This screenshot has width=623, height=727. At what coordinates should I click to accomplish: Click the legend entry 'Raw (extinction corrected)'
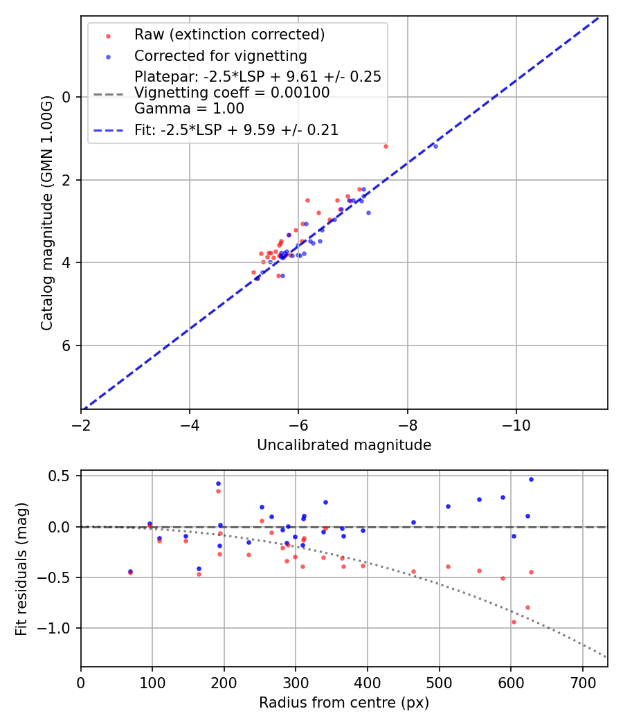click(x=229, y=35)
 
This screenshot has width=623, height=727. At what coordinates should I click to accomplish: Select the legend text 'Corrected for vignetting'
click(x=220, y=55)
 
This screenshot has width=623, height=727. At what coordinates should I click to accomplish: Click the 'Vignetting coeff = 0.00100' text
click(x=232, y=93)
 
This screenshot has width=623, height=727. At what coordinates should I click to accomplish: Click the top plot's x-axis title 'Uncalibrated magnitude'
click(x=344, y=445)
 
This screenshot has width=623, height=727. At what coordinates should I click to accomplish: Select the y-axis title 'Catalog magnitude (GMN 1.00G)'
click(x=47, y=213)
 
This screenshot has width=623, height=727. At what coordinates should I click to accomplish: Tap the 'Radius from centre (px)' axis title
click(x=344, y=703)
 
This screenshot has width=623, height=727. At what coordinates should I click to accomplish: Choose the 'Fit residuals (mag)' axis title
click(x=21, y=568)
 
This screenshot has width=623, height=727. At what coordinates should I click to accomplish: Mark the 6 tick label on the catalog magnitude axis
click(x=66, y=345)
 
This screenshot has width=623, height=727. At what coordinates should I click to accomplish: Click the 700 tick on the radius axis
click(x=582, y=683)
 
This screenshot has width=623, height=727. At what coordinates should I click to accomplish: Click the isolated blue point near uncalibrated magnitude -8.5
click(x=435, y=146)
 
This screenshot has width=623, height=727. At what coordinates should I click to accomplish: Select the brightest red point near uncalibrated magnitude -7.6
click(x=386, y=146)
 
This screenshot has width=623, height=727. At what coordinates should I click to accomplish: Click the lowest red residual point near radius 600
click(x=514, y=622)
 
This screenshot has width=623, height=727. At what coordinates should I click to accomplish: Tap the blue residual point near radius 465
click(x=413, y=522)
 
